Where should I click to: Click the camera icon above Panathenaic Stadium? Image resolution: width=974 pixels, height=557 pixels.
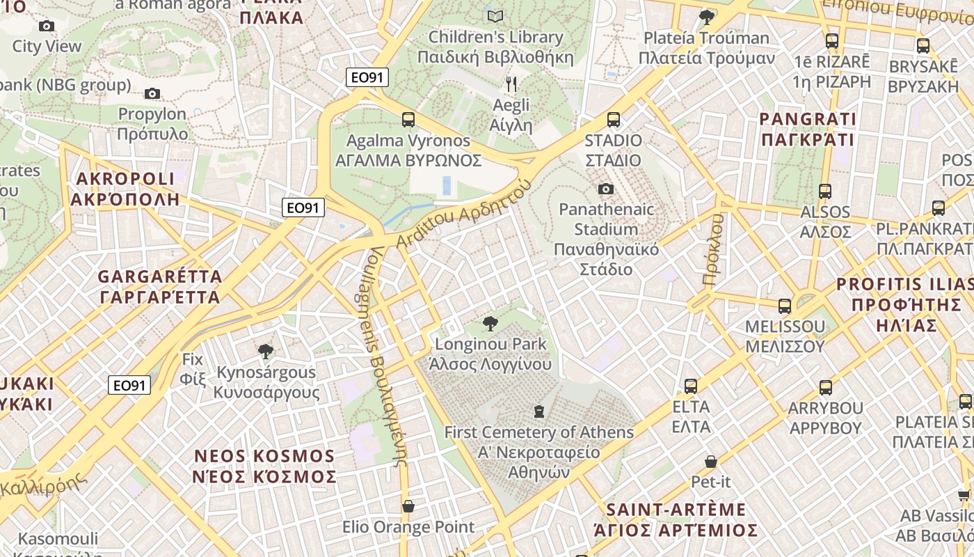605,189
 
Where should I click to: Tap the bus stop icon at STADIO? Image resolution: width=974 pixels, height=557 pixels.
613,120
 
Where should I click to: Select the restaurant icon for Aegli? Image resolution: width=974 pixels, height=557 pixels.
511,84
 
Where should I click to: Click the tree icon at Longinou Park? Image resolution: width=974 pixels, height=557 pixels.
490,323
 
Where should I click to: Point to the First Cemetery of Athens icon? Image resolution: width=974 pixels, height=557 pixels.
538,411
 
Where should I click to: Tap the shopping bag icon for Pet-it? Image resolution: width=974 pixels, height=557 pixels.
710,461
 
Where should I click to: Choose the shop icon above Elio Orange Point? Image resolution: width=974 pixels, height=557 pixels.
408,506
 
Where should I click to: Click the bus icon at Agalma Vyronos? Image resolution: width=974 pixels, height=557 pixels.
408,120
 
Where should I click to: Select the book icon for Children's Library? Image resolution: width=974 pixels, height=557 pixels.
495,16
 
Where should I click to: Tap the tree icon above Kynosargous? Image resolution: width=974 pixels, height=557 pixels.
264,352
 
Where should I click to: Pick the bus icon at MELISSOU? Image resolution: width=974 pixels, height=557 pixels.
784,306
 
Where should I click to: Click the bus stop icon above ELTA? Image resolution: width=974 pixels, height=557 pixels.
690,386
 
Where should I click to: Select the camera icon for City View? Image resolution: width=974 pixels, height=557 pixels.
47,26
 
